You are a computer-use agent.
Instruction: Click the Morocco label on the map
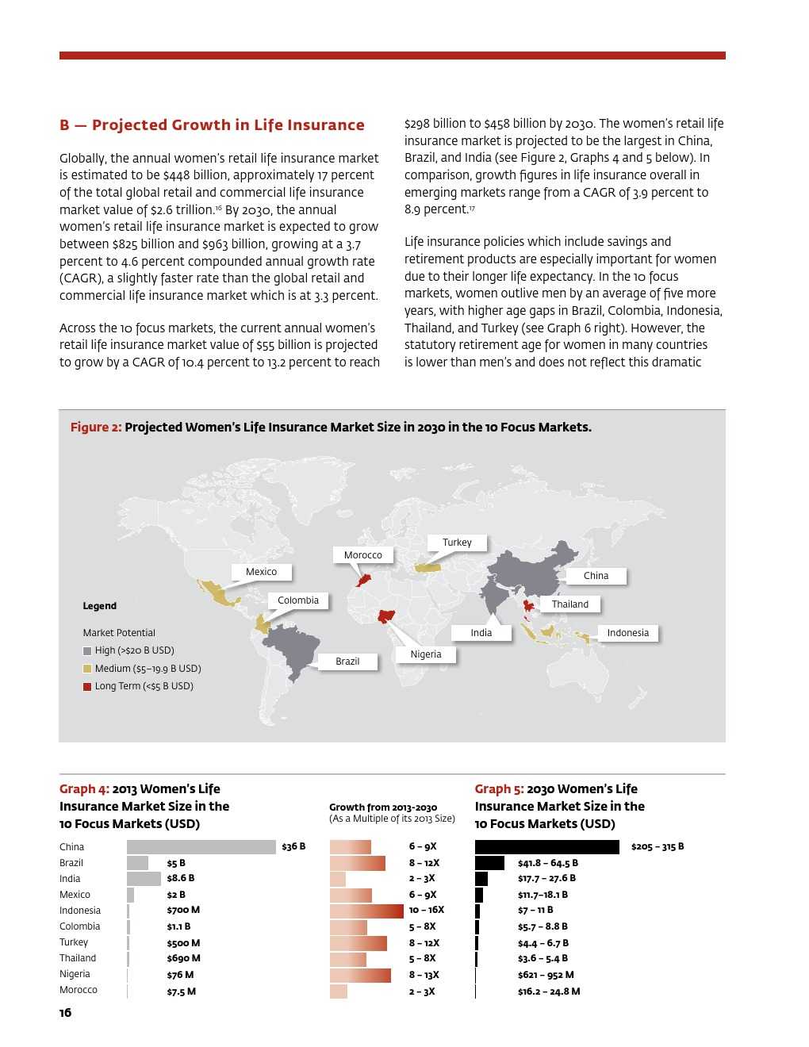point(363,555)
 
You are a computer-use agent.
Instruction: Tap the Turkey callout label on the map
point(457,543)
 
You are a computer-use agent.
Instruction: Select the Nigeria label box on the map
point(426,654)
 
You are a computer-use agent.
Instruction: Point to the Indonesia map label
point(627,633)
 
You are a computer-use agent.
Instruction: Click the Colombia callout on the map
point(298,600)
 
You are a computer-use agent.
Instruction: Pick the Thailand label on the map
point(570,604)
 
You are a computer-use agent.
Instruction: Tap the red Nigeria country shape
point(388,616)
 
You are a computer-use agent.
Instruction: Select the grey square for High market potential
point(87,651)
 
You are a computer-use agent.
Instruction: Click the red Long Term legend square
point(87,687)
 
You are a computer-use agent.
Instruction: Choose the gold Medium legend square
point(87,669)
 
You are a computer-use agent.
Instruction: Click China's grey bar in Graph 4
point(201,847)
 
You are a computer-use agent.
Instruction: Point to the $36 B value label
point(293,847)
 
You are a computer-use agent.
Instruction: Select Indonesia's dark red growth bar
point(366,911)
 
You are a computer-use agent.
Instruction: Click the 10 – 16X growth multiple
point(427,911)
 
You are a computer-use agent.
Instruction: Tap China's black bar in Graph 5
point(546,847)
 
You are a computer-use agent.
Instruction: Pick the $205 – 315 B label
point(658,847)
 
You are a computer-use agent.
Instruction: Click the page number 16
point(65,1013)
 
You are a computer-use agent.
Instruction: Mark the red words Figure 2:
point(96,428)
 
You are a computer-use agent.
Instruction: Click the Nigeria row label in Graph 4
point(75,974)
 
